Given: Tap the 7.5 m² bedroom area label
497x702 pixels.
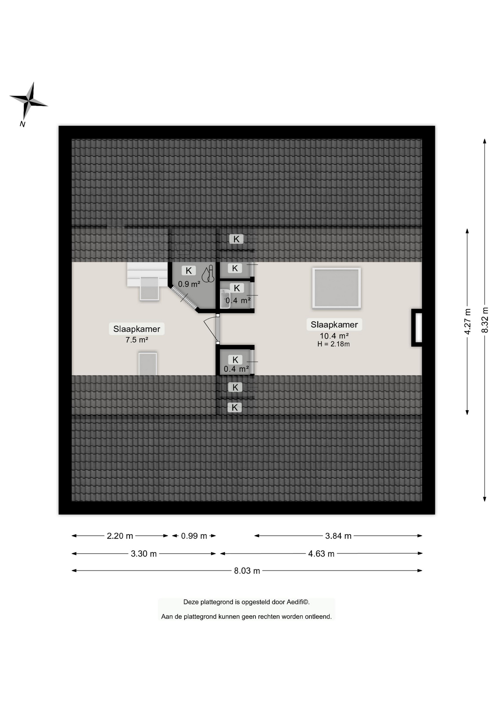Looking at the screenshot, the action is [x=137, y=340].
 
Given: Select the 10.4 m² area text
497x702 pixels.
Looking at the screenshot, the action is [x=334, y=336].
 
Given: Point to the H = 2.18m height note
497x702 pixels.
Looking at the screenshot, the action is [x=333, y=344].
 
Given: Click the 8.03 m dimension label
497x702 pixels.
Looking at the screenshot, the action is [x=247, y=571].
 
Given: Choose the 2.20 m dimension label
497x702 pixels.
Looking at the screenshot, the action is [x=120, y=536].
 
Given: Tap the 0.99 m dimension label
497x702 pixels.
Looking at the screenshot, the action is [x=194, y=536].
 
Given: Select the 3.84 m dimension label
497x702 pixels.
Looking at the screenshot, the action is [x=338, y=536].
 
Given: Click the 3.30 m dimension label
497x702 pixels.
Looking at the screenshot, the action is [x=144, y=554].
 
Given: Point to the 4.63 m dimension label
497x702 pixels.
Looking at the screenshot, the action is [x=321, y=554].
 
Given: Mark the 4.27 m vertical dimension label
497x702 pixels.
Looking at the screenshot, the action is [x=467, y=321].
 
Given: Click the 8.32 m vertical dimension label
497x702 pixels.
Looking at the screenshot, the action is [x=485, y=320].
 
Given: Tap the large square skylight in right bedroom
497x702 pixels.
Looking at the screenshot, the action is [x=336, y=288].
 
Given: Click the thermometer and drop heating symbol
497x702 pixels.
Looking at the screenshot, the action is [x=208, y=274].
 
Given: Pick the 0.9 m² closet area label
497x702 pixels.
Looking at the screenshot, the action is [x=189, y=284].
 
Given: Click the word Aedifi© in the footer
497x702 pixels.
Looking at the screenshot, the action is [x=298, y=602].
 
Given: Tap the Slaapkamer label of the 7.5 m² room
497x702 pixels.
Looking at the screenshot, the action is [x=137, y=329].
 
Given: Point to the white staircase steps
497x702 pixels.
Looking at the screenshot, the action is [x=147, y=274].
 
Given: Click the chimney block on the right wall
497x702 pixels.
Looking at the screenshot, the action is [x=417, y=328].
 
